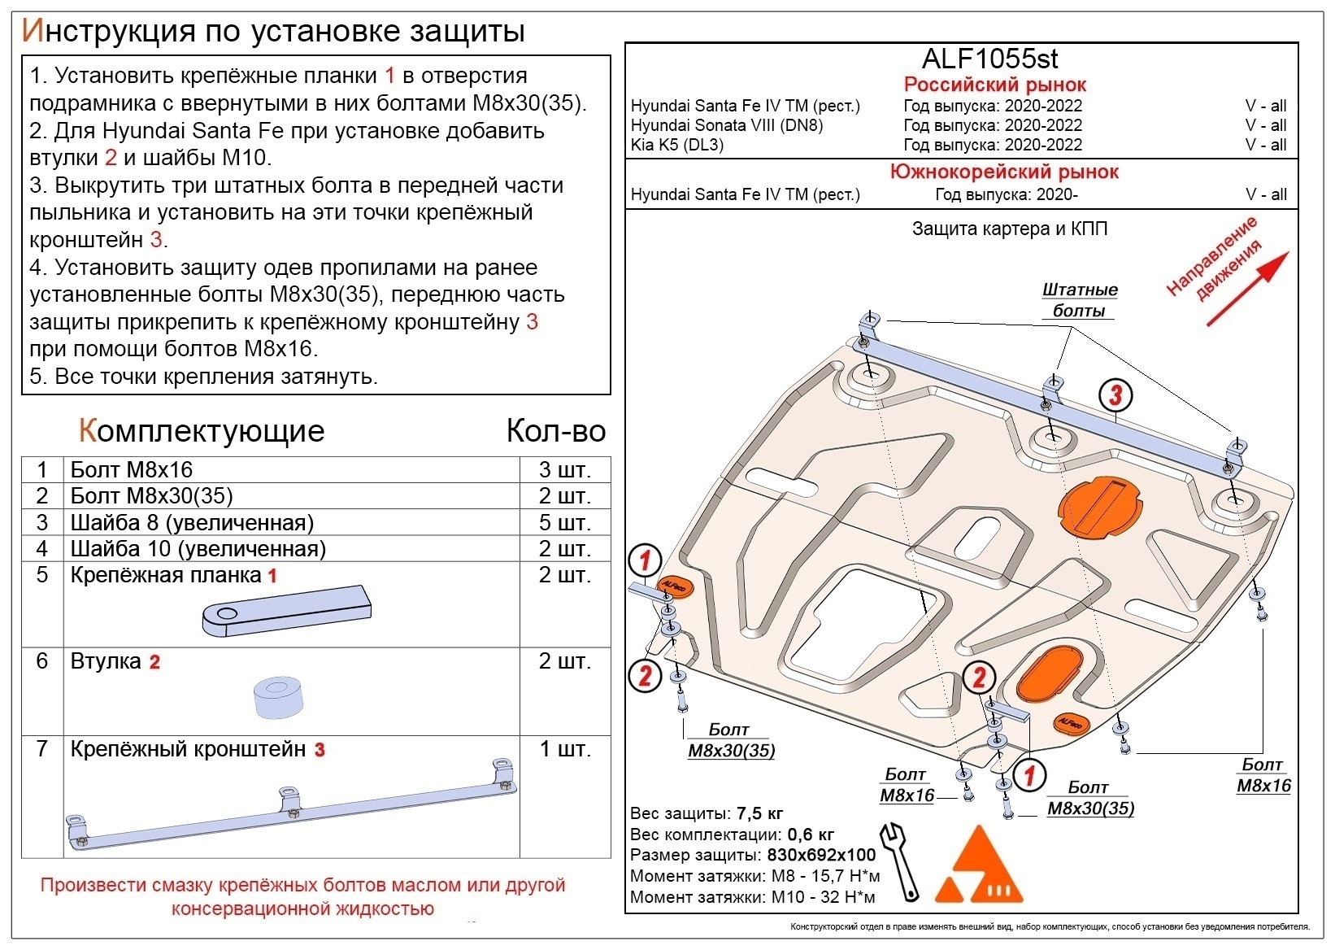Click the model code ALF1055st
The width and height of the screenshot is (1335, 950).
989,59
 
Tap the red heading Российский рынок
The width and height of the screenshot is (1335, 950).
994,85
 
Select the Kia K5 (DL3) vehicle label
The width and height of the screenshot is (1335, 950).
676,146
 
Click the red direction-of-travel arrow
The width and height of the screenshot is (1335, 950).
1247,289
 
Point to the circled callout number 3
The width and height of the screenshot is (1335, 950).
1115,396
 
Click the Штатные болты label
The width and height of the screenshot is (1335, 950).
1079,300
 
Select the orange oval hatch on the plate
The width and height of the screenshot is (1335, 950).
1051,676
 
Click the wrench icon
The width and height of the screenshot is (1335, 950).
901,861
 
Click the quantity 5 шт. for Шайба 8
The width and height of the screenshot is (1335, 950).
564,523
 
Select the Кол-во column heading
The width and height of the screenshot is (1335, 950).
556,431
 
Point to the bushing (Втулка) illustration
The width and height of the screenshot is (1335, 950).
277,697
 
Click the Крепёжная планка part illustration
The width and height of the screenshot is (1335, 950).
286,610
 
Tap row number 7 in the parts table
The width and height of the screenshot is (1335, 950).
42,749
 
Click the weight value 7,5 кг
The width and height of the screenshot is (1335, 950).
759,813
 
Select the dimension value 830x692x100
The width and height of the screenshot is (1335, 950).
821,855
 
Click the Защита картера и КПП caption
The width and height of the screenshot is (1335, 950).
1009,229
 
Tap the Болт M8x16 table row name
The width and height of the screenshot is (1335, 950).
132,470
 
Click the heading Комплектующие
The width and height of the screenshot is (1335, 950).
202,431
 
